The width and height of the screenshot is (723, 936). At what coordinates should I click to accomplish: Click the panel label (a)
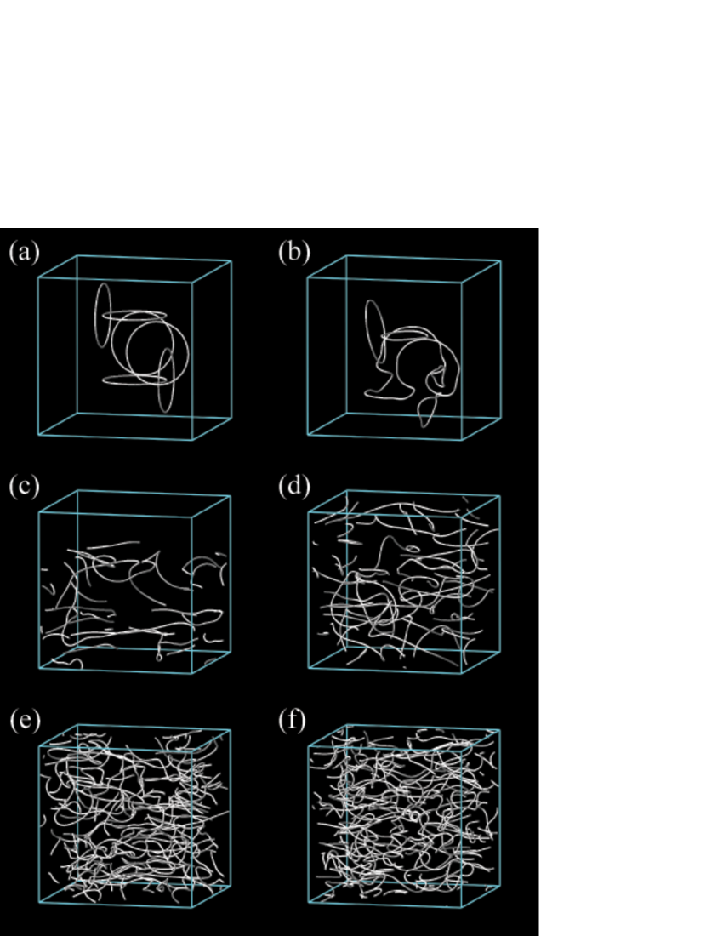tap(24, 252)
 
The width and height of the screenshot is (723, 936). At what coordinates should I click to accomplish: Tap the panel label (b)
tap(294, 252)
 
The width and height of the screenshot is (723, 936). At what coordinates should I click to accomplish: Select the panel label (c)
tap(24, 486)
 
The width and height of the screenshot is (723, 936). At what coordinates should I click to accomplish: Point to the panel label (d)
tap(294, 486)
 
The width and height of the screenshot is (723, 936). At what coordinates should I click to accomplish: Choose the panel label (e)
tap(25, 720)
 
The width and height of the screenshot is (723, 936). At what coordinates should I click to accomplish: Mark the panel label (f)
tap(293, 720)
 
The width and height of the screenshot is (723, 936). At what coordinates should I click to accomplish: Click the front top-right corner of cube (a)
tap(193, 283)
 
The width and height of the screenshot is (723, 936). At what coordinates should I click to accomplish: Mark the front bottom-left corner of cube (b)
tap(308, 435)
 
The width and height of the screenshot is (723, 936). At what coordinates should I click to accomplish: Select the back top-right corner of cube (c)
tap(231, 496)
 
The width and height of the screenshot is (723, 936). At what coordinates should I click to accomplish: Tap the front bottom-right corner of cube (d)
tap(462, 673)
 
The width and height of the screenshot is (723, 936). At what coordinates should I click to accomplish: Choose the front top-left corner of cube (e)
tap(39, 746)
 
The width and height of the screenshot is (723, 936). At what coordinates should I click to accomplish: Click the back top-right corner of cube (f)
tap(500, 730)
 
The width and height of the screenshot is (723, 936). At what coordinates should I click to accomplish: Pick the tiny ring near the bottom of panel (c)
tap(159, 658)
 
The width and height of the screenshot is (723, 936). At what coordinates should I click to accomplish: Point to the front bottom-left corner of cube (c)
tap(39, 669)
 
